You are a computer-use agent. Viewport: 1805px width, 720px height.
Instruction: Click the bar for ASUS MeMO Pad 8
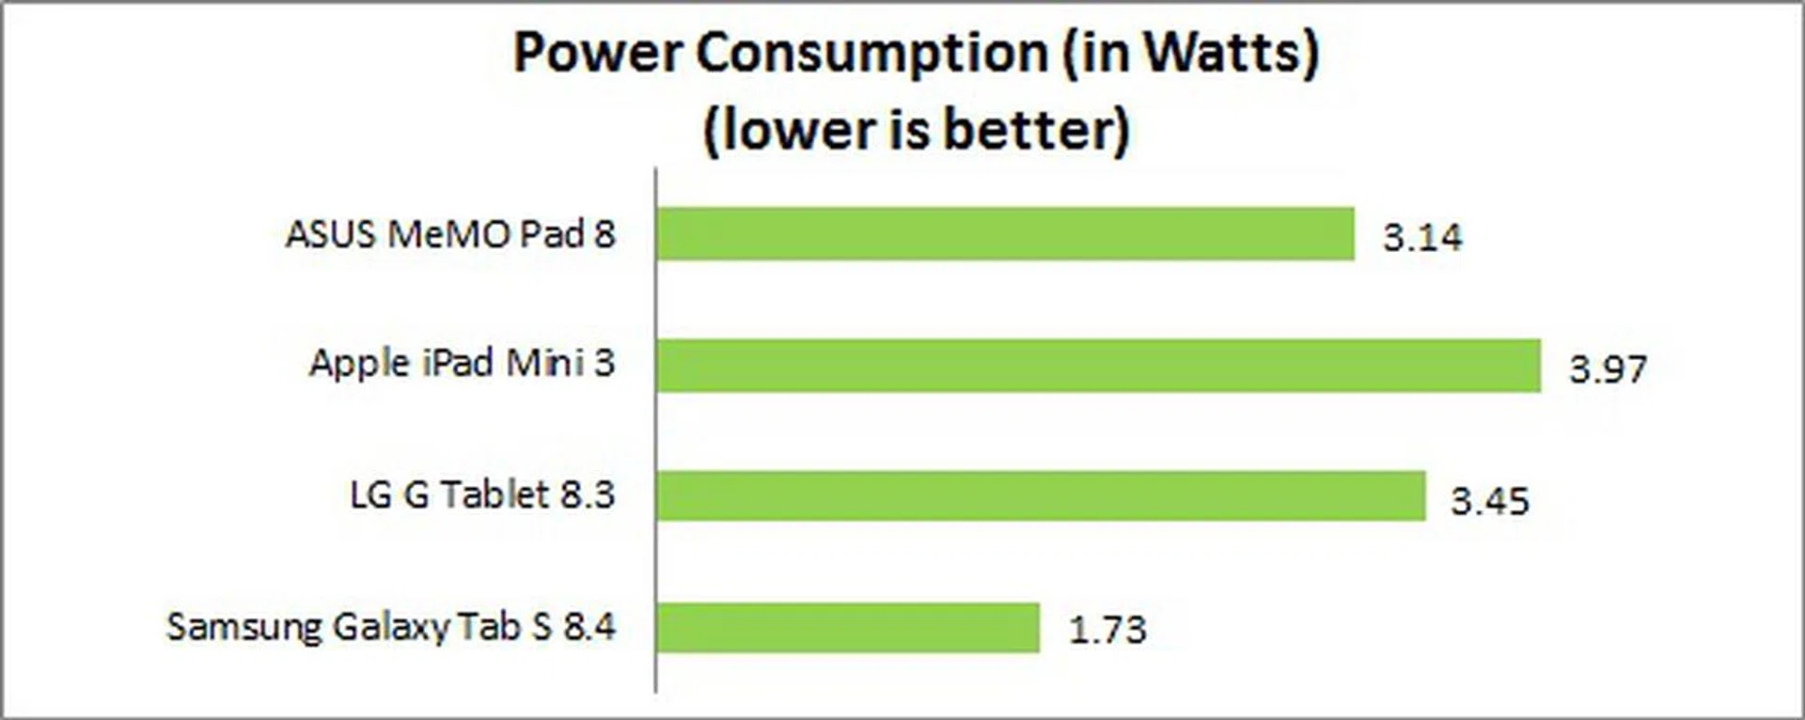1005,234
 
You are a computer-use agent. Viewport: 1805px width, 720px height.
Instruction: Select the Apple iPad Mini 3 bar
1098,365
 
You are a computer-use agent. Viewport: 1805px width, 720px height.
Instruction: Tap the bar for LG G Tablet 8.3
1041,495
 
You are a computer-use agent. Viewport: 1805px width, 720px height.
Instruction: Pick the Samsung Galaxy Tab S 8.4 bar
848,627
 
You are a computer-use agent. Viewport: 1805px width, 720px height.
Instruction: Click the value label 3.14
1421,237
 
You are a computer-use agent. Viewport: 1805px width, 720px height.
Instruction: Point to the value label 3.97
1608,368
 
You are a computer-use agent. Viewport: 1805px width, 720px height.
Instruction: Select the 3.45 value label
1490,500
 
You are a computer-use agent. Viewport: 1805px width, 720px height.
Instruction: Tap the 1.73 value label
1107,630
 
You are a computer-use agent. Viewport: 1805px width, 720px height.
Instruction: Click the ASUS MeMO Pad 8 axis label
450,234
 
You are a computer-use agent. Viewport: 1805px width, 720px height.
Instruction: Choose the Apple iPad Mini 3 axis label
462,364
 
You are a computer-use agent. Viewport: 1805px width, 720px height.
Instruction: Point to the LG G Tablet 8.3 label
482,494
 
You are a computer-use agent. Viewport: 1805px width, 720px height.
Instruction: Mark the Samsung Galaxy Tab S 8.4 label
391,627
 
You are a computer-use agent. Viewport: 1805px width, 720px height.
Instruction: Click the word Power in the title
597,54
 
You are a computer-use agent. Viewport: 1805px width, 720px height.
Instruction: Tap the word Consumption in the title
871,54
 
